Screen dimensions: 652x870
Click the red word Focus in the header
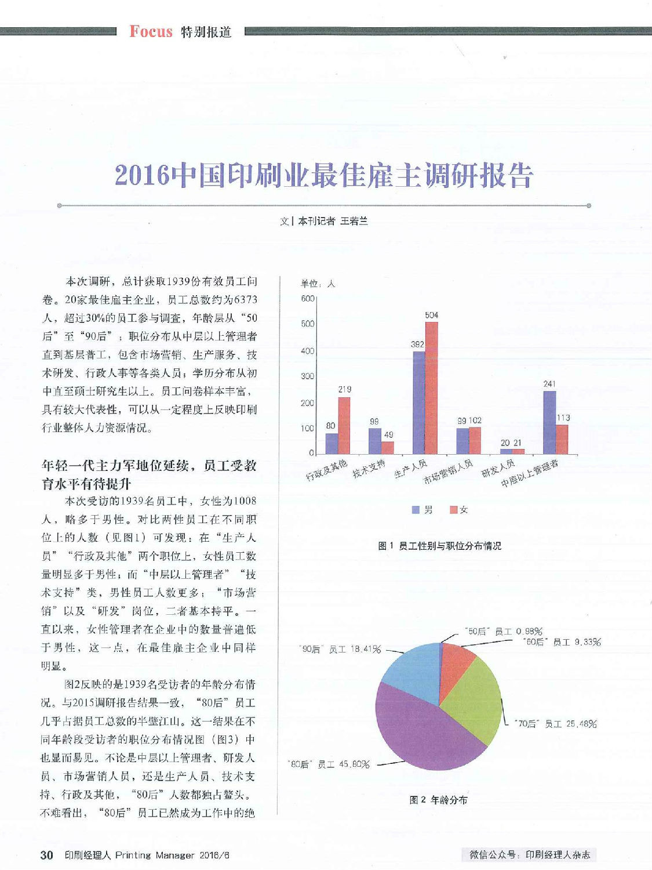coord(151,31)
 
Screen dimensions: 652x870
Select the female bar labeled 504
coord(432,388)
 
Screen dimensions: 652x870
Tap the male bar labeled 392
coord(419,403)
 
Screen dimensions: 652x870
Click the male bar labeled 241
coord(549,422)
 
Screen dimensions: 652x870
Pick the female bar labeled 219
coord(344,426)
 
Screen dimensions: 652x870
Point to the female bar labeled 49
coord(388,448)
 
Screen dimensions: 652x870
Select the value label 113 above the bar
coord(563,418)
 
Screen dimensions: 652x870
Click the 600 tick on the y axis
coord(308,299)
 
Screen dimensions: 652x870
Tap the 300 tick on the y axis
coord(308,376)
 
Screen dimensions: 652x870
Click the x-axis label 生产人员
coord(410,469)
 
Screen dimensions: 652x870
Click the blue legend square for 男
coord(416,510)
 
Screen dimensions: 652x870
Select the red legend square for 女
coord(453,510)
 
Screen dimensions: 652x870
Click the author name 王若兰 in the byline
coord(354,221)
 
